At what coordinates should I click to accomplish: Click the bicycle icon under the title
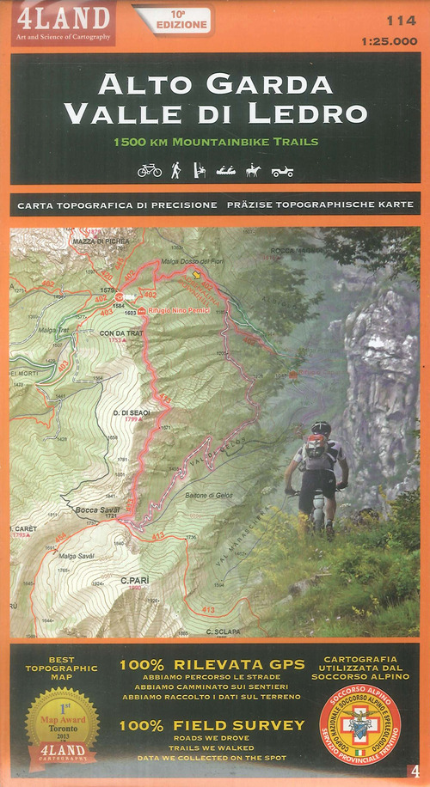point(149,170)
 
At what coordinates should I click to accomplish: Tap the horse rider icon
point(252,170)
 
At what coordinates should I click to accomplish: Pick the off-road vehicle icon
point(282,171)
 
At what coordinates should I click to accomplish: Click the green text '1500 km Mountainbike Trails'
point(215,141)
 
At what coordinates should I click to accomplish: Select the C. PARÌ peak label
point(135,580)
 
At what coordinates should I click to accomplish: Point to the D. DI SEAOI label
point(132,412)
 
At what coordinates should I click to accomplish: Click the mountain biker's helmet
point(321,427)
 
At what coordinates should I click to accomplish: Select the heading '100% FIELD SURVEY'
point(212,724)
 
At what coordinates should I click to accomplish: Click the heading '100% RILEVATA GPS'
point(212,663)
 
